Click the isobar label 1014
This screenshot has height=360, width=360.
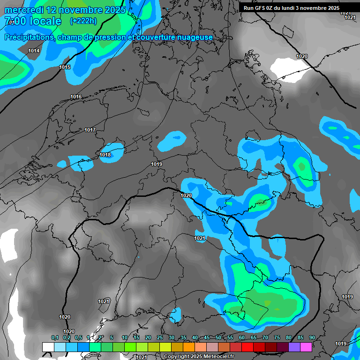click(34, 51)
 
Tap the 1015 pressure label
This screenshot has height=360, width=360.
click(65, 67)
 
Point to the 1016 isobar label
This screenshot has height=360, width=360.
click(76, 97)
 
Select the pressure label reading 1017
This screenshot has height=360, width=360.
click(90, 130)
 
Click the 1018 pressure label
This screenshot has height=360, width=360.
click(105, 155)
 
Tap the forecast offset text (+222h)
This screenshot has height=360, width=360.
click(83, 21)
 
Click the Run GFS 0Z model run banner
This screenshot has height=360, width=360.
click(291, 8)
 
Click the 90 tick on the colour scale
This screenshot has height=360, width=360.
click(312, 338)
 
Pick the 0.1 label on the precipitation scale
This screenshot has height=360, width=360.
click(54, 338)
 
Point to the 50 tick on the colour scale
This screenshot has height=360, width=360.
click(218, 338)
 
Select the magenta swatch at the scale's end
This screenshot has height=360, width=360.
click(306, 347)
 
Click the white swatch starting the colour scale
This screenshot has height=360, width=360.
click(48, 347)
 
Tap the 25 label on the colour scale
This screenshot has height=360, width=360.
click(159, 338)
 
